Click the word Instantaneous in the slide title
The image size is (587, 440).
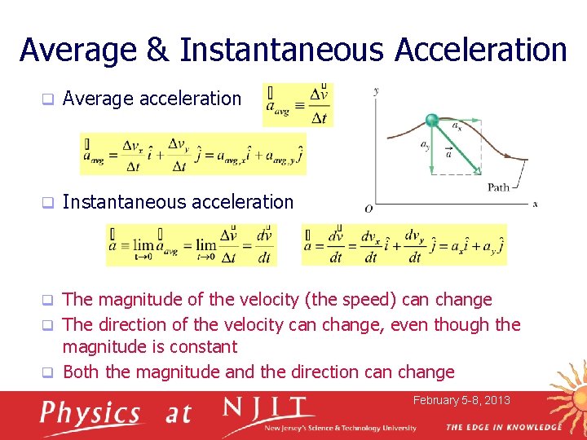[x=282, y=50]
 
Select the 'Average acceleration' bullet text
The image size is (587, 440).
[x=152, y=99]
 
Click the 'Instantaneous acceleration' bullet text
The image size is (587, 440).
[x=178, y=202]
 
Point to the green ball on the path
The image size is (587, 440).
[x=432, y=121]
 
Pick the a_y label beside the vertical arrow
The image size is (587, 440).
[x=425, y=146]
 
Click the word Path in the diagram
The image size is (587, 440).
[x=498, y=187]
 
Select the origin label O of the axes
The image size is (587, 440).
[x=369, y=209]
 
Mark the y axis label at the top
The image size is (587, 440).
[x=375, y=90]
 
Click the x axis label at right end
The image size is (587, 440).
[x=535, y=204]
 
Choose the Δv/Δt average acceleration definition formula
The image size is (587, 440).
[x=298, y=104]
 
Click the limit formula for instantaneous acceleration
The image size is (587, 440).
[x=191, y=245]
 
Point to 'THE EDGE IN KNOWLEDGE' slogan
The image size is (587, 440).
[x=503, y=427]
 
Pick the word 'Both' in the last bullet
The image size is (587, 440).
[x=82, y=372]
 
